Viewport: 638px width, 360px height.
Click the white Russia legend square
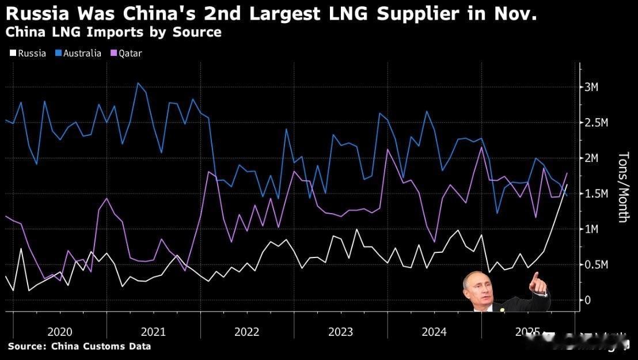(13, 54)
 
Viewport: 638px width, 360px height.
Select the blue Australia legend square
(58, 54)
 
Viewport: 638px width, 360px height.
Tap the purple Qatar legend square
(113, 54)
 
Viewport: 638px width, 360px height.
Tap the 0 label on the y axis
(588, 300)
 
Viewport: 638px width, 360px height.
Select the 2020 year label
(60, 332)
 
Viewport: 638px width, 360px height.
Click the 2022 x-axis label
(247, 332)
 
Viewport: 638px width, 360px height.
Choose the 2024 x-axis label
(434, 332)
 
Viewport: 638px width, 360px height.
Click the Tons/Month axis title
(623, 187)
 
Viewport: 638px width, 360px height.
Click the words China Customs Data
(101, 346)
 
